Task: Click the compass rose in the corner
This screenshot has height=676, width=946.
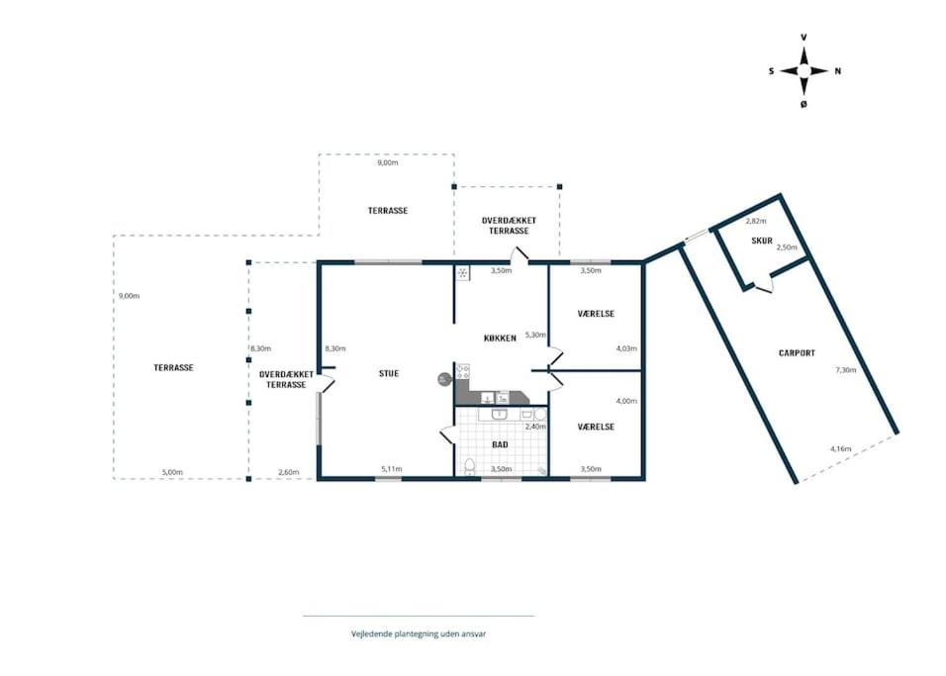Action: coord(804,71)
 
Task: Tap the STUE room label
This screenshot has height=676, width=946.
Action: coord(389,373)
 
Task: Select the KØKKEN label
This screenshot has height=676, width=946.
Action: coord(500,338)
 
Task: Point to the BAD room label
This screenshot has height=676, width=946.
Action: coord(500,444)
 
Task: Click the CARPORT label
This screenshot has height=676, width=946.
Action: coord(797,353)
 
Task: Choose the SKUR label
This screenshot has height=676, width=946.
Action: coord(762,241)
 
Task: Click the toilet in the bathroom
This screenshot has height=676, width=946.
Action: coord(469,466)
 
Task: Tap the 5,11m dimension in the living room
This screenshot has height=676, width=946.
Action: coord(392,469)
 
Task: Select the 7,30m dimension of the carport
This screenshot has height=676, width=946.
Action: coord(845,370)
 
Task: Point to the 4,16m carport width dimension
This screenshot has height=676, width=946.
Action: coord(840,448)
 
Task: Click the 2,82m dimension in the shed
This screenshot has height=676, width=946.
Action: coord(755,221)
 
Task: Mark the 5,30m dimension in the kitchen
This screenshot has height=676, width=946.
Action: coord(535,335)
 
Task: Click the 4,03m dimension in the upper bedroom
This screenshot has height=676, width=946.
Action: coord(626,348)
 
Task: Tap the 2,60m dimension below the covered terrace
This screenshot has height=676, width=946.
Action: coord(288,472)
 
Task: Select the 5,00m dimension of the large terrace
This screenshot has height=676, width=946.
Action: coord(172,472)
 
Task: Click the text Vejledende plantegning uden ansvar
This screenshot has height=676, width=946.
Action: coord(419,633)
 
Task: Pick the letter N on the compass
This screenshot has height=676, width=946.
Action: coord(837,71)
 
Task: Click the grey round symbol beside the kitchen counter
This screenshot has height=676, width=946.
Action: coord(444,379)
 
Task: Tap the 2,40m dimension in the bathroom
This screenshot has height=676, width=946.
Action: coord(535,427)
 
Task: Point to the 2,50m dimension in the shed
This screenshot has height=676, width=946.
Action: coord(786,247)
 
